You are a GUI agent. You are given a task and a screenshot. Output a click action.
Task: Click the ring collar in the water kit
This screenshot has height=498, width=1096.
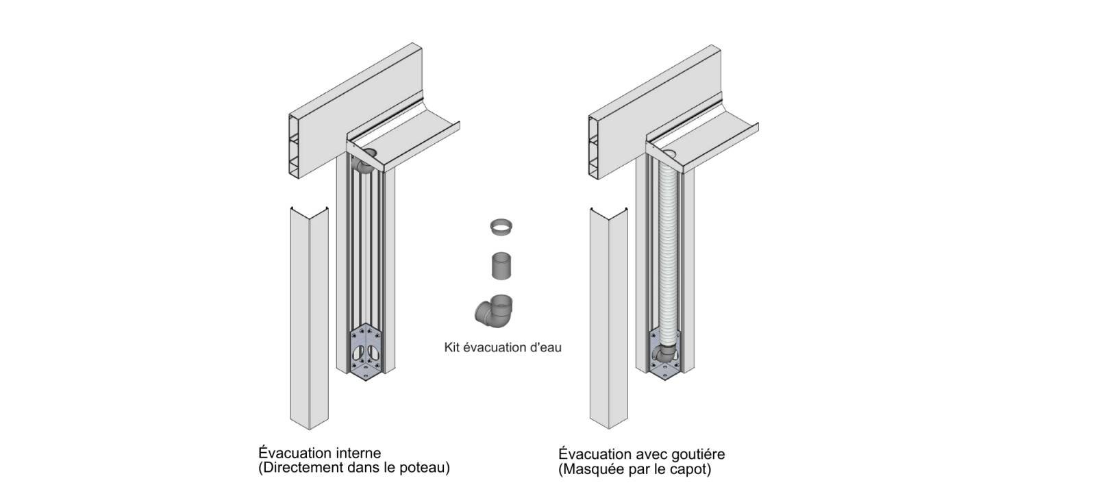pyautogui.click(x=501, y=227)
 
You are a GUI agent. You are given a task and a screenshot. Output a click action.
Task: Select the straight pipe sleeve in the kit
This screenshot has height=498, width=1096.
pyautogui.click(x=501, y=265)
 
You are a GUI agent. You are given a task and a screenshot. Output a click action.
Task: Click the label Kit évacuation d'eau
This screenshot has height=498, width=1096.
pyautogui.click(x=503, y=347)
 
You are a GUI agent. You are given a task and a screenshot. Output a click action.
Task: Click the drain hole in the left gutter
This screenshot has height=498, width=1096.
pyautogui.click(x=369, y=152)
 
